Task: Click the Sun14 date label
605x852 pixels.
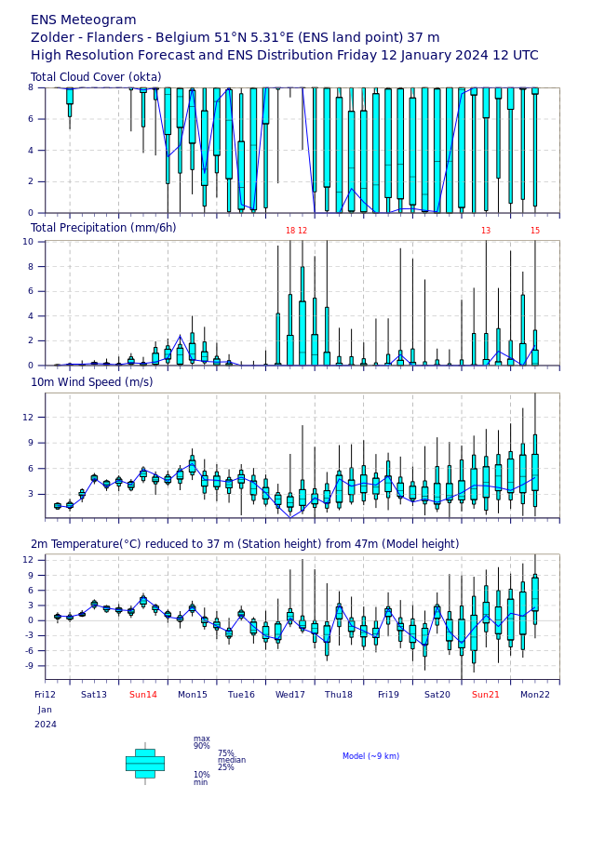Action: [x=143, y=695]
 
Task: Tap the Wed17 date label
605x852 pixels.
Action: [x=290, y=695]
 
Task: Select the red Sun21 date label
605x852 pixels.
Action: [x=486, y=695]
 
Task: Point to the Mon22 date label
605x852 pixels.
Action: [x=535, y=695]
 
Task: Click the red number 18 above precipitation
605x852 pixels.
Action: [x=290, y=231]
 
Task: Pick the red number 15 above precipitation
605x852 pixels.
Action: [x=535, y=231]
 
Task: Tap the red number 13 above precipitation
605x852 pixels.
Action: [x=486, y=231]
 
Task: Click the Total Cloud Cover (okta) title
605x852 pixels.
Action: [x=96, y=77]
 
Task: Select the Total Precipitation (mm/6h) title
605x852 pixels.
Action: [x=103, y=228]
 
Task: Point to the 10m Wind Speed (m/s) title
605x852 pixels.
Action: [x=92, y=382]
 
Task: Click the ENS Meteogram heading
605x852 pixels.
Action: [x=84, y=20]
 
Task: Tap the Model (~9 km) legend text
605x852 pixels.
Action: [x=370, y=756]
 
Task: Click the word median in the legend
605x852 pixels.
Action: [x=232, y=760]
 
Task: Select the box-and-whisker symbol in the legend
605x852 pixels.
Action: [x=145, y=764]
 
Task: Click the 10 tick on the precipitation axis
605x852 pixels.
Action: [x=28, y=242]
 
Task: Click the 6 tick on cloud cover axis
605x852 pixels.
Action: [x=31, y=119]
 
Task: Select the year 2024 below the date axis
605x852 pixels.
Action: [x=46, y=725]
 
